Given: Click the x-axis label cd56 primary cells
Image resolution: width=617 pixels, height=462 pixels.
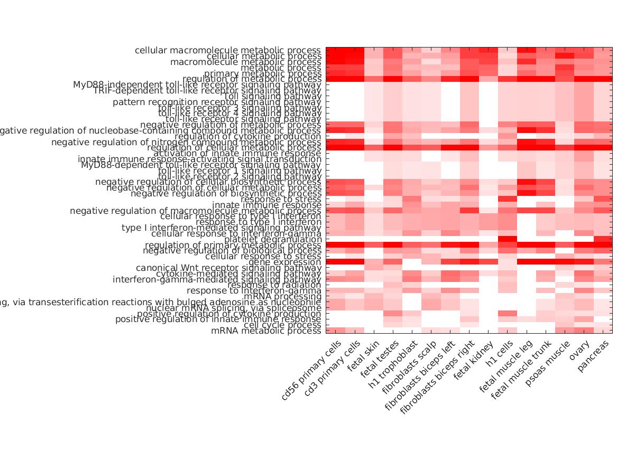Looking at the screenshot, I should (x=312, y=370).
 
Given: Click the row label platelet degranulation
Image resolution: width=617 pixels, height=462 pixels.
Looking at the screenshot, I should (x=273, y=240).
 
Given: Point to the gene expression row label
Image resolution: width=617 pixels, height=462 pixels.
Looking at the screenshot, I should (x=284, y=262).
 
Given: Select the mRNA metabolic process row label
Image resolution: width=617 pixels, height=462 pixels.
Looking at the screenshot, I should (x=266, y=331).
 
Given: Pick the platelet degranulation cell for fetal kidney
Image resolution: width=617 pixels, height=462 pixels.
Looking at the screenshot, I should (x=489, y=240).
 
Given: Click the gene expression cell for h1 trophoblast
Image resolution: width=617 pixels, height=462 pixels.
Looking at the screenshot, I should (x=412, y=262).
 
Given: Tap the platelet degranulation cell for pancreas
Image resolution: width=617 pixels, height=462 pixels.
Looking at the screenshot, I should (x=603, y=240).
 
